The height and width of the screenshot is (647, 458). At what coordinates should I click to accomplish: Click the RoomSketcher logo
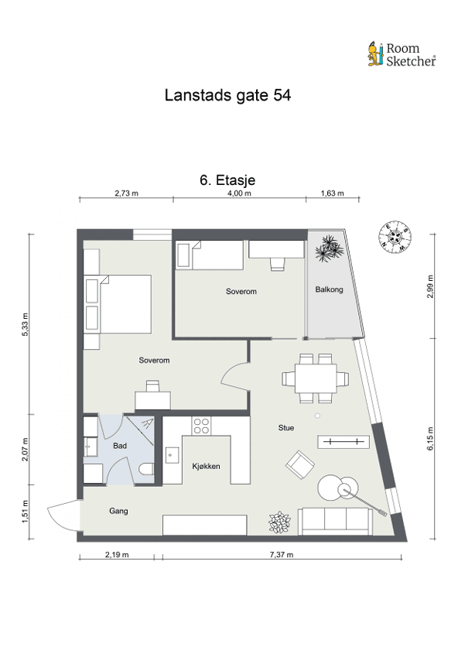(402, 54)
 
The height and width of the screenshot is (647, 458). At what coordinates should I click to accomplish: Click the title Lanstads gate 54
(227, 95)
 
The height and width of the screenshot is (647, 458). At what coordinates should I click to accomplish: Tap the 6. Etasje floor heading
(227, 180)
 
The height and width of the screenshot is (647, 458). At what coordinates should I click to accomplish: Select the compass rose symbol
(395, 237)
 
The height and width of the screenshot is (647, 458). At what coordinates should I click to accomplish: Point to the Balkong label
(330, 289)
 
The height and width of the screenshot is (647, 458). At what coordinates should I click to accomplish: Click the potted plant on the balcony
(330, 248)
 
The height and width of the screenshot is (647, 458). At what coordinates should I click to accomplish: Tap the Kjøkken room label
(206, 466)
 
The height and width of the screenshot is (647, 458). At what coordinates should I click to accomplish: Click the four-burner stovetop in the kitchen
(201, 426)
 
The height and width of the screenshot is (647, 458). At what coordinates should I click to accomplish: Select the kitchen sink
(172, 456)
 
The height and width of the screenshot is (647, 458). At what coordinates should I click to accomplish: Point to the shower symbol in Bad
(140, 430)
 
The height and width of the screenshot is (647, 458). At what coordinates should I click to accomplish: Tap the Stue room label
(286, 428)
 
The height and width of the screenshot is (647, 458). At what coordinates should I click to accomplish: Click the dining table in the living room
(316, 378)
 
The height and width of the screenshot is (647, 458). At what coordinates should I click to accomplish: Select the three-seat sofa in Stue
(335, 521)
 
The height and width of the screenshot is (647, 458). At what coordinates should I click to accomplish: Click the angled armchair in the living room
(300, 464)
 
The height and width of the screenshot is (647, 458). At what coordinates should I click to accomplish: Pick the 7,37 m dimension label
(282, 555)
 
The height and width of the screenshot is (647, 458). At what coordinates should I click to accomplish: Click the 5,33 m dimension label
(26, 324)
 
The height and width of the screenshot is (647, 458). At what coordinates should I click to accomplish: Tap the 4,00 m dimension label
(239, 193)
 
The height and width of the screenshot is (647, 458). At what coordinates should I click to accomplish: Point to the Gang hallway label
(118, 512)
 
